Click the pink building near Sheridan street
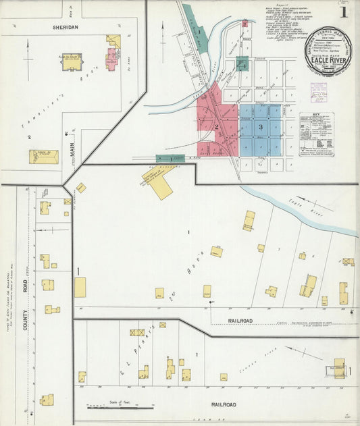pyautogui.click(x=111, y=59)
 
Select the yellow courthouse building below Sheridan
pyautogui.click(x=72, y=61)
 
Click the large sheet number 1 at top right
pyautogui.click(x=344, y=11)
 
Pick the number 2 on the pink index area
pyautogui.click(x=216, y=126)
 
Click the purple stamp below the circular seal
pyautogui.click(x=317, y=91)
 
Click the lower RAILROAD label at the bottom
pyautogui.click(x=224, y=404)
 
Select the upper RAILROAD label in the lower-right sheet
pyautogui.click(x=240, y=321)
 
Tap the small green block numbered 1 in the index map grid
pyautogui.click(x=242, y=65)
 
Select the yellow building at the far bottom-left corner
pyautogui.click(x=47, y=400)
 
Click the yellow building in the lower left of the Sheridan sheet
pyautogui.click(x=43, y=157)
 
